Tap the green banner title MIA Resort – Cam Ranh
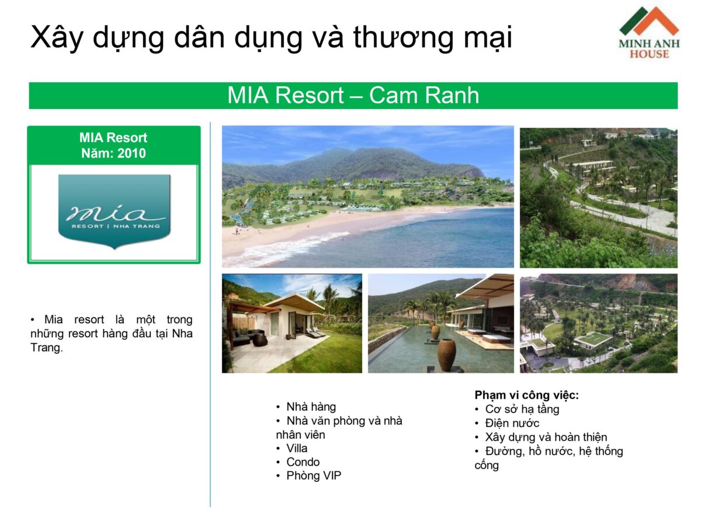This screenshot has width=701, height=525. [353, 96]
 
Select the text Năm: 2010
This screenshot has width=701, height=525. [113, 154]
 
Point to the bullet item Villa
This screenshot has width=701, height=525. [296, 448]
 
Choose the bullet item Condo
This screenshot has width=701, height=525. [303, 462]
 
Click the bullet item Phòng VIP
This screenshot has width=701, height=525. [313, 476]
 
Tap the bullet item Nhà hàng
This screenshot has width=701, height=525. [311, 407]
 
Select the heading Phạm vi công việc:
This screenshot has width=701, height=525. [526, 395]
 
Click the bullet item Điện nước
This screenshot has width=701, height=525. [512, 423]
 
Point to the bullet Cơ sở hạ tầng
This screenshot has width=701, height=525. [522, 409]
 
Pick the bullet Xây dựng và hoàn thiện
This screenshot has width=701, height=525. [546, 437]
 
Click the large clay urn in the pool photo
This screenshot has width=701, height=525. [446, 355]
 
